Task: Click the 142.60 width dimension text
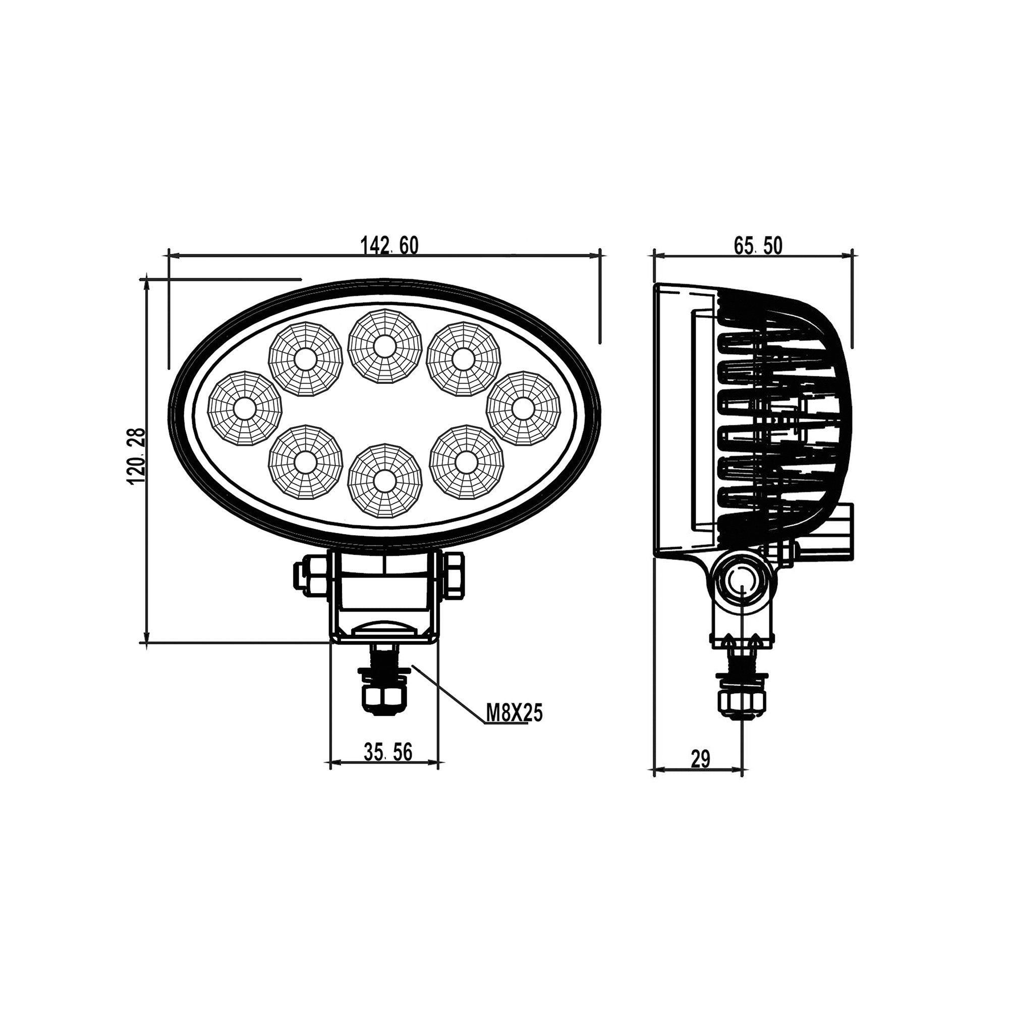coord(389,245)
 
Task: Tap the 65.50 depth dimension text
coord(758,245)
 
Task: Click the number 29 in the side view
coord(700,759)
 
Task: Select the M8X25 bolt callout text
coord(514,713)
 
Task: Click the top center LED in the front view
coord(384,346)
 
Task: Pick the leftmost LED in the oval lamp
coord(244,409)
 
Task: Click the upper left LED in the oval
coord(306,359)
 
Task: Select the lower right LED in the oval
coord(466,462)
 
